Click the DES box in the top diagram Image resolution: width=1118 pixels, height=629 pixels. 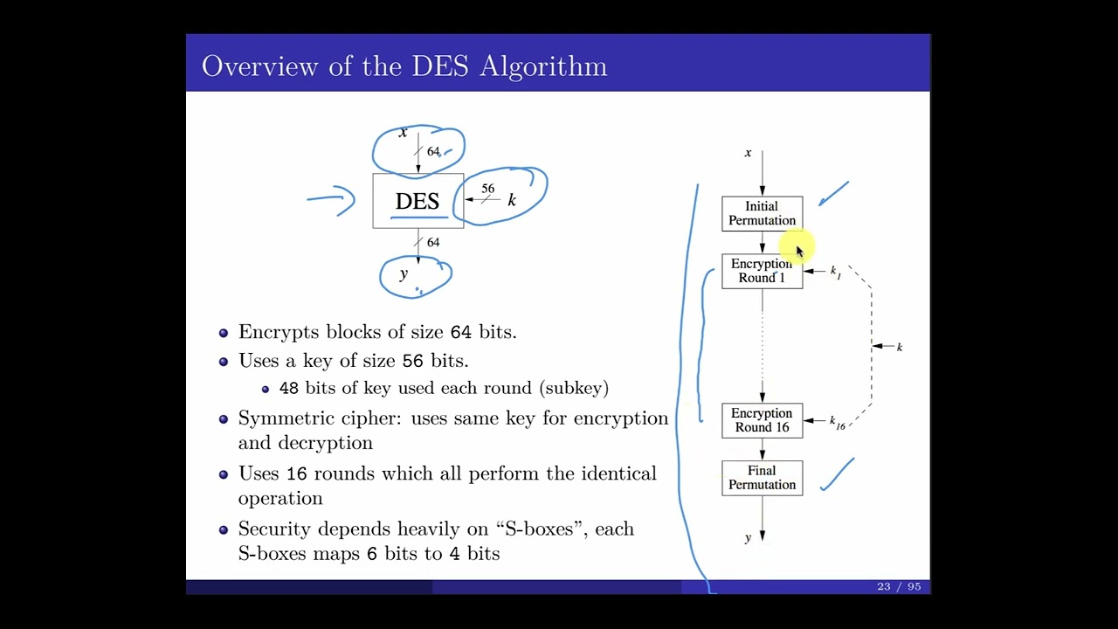pyautogui.click(x=418, y=201)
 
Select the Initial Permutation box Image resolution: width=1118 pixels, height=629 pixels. pyautogui.click(x=762, y=213)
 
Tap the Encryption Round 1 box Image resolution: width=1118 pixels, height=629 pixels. pyautogui.click(x=762, y=271)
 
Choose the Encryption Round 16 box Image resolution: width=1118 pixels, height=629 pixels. pyautogui.click(x=762, y=420)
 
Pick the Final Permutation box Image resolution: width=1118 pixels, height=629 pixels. pyautogui.click(x=762, y=478)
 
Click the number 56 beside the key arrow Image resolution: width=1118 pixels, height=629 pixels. pyautogui.click(x=487, y=189)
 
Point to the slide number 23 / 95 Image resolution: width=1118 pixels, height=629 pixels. pyautogui.click(x=899, y=586)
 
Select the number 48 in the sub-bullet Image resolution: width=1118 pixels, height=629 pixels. pyautogui.click(x=289, y=388)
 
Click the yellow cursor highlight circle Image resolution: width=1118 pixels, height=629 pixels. pyautogui.click(x=794, y=247)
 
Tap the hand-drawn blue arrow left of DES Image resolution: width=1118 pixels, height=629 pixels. pyautogui.click(x=332, y=200)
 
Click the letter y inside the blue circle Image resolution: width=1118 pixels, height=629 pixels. pyautogui.click(x=404, y=274)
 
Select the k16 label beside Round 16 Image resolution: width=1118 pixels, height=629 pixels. pyautogui.click(x=837, y=422)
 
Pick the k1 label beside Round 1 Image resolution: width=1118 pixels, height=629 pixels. pyautogui.click(x=835, y=272)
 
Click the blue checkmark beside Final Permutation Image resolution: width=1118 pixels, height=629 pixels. pyautogui.click(x=837, y=474)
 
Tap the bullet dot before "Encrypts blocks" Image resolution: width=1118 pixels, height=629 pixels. pyautogui.click(x=224, y=333)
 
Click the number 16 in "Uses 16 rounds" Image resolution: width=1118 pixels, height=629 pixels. pyautogui.click(x=297, y=474)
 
